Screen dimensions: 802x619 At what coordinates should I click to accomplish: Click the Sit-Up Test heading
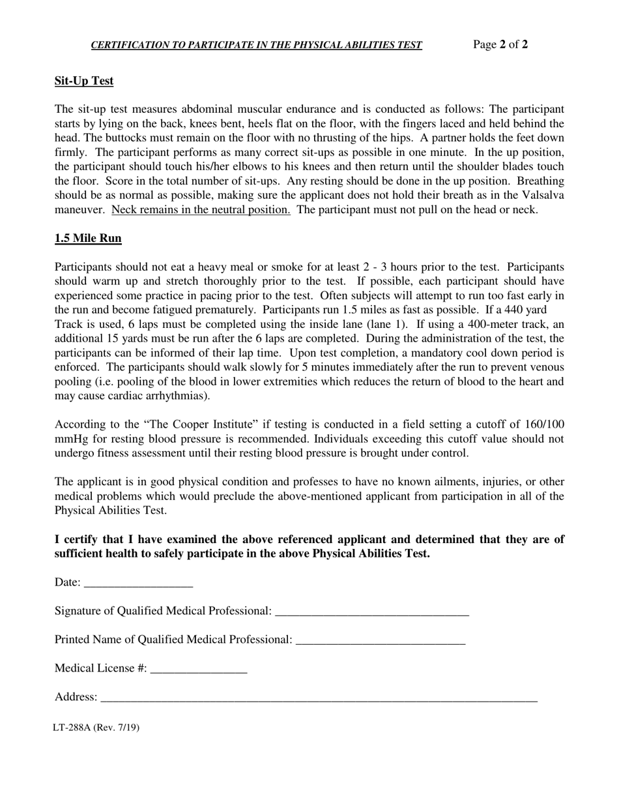pos(84,81)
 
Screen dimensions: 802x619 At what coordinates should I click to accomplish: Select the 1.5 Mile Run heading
pos(88,239)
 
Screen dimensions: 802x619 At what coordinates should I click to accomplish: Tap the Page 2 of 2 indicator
pos(500,44)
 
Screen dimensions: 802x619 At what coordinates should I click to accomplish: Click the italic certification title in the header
pos(256,45)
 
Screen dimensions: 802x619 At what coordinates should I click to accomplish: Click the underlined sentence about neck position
pos(201,209)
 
